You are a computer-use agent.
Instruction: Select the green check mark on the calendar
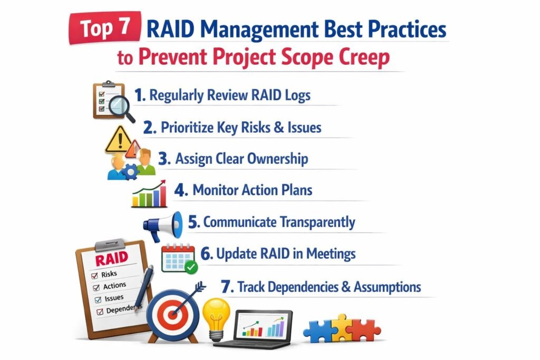tap(191, 268)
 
